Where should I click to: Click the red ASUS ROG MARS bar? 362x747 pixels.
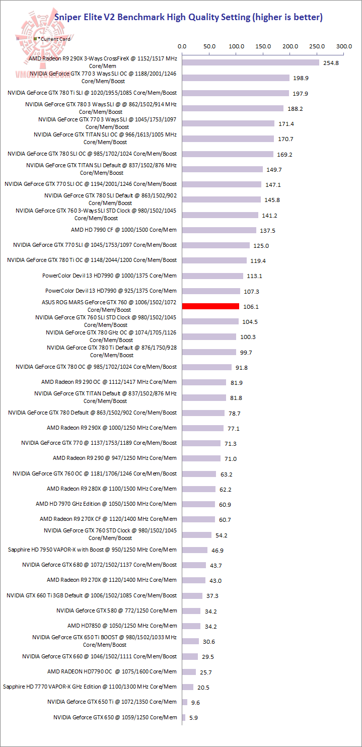(x=210, y=306)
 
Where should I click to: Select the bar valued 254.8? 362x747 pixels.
(x=251, y=62)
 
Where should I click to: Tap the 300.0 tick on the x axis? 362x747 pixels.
(x=344, y=46)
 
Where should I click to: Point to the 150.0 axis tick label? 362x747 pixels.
(x=263, y=46)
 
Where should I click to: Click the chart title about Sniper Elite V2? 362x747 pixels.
(x=188, y=18)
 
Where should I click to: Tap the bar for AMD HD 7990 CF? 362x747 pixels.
(x=219, y=230)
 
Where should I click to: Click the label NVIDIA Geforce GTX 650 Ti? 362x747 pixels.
(x=112, y=702)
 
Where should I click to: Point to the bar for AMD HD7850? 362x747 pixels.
(x=191, y=626)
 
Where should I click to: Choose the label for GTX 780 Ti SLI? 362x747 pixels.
(x=92, y=93)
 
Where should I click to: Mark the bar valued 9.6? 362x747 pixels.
(x=185, y=702)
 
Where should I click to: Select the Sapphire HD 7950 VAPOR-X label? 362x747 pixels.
(x=93, y=550)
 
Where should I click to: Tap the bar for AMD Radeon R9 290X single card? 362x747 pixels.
(x=203, y=428)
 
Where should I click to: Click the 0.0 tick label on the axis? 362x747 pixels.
(x=182, y=46)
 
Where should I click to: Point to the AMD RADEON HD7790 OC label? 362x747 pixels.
(x=112, y=671)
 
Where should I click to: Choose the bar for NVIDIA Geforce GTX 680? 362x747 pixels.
(x=194, y=565)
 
